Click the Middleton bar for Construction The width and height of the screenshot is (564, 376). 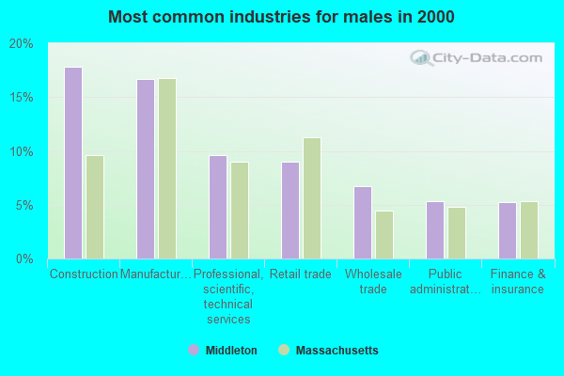pyautogui.click(x=73, y=163)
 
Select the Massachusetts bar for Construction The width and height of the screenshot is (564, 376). pyautogui.click(x=95, y=207)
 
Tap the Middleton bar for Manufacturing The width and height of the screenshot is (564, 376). pyautogui.click(x=146, y=169)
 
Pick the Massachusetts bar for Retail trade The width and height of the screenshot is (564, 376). pyautogui.click(x=312, y=198)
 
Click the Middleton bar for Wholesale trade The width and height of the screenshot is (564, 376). pyautogui.click(x=363, y=223)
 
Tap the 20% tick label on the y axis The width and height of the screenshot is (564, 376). pyautogui.click(x=22, y=44)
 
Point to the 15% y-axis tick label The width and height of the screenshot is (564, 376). pyautogui.click(x=22, y=98)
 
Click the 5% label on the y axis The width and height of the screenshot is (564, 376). pyautogui.click(x=24, y=205)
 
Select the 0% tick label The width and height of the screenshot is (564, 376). pyautogui.click(x=24, y=258)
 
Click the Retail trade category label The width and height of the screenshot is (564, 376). pyautogui.click(x=301, y=274)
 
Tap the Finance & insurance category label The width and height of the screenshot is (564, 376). pyautogui.click(x=518, y=282)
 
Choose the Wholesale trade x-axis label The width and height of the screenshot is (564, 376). pyautogui.click(x=373, y=282)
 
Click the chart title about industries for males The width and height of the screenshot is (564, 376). pyautogui.click(x=281, y=17)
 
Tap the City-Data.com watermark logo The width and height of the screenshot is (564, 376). pyautogui.click(x=479, y=58)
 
